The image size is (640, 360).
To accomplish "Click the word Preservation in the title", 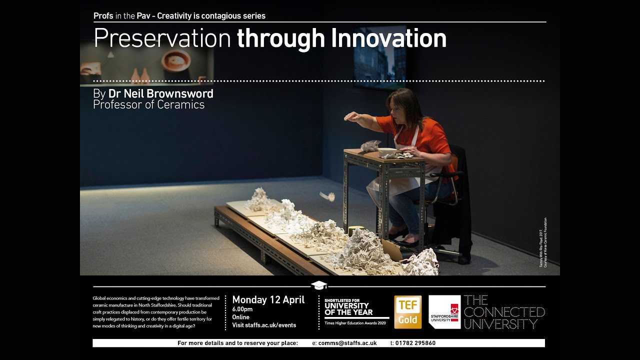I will tap(161, 38).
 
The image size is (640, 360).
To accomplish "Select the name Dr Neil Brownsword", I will tap(160, 93).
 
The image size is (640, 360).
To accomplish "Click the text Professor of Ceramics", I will tap(148, 105).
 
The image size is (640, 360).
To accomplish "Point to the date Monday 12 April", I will tap(268, 300).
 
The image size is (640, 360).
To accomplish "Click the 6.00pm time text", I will tap(242, 309).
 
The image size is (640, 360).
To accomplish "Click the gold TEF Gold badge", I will tap(407, 312).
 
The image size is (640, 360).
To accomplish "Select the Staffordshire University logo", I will tap(444, 312).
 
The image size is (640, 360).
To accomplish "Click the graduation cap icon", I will tap(319, 285).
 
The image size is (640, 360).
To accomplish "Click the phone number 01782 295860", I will tap(415, 343).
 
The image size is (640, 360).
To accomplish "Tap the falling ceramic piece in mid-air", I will tap(327, 196).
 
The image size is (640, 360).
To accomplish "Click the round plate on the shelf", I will tap(175, 59).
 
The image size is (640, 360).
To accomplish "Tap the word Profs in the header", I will tap(103, 16).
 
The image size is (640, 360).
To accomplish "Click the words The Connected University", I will tap(503, 312).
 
